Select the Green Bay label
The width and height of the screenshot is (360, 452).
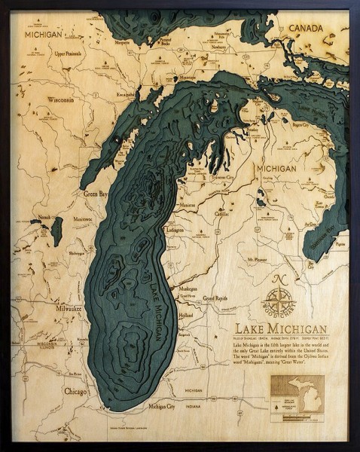tap(94, 193)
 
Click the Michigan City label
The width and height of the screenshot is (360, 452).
tap(162, 406)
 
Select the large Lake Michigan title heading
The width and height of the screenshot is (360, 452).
tap(280, 329)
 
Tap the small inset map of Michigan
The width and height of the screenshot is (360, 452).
tap(311, 394)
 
